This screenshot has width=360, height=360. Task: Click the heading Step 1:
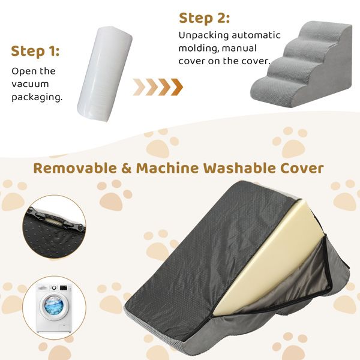coord(35,51)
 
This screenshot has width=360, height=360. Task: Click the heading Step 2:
coord(204,18)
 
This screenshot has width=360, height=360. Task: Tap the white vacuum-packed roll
coord(104,74)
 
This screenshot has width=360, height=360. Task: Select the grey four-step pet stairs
coord(301,64)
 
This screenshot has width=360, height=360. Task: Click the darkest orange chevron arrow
coord(177,87)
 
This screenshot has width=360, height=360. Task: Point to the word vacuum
coord(30,84)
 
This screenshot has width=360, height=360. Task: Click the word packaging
coord(37,97)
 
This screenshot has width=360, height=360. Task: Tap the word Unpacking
coord(204,35)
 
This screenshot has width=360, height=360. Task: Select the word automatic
coord(256,35)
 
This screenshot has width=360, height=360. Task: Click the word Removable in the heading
coord(75,168)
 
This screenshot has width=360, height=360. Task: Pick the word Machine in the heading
coord(167,168)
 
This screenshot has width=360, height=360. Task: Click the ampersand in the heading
coord(127,168)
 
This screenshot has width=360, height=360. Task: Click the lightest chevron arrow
coord(139,87)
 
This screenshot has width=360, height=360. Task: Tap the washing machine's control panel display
coord(65,287)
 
